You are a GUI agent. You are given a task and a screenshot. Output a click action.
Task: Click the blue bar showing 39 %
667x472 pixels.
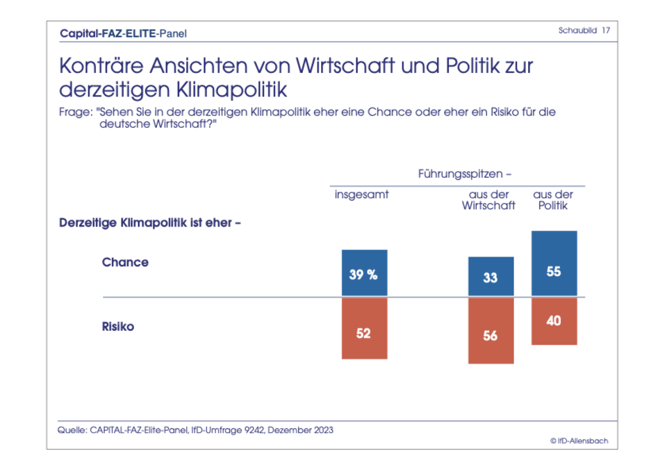coord(364,273)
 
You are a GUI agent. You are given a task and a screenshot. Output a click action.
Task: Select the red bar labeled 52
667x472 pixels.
coord(364,328)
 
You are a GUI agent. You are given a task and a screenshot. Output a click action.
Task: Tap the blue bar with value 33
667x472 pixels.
coord(491,277)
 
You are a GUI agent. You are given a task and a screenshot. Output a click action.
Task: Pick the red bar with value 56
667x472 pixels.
coord(491,330)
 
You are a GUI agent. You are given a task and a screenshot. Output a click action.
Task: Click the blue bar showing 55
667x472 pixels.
coord(554,263)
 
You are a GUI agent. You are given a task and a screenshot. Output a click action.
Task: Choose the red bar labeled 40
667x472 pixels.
coord(554,321)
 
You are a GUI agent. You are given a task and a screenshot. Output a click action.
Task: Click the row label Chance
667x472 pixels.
coord(125,262)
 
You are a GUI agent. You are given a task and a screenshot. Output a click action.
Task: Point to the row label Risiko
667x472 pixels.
coord(118,327)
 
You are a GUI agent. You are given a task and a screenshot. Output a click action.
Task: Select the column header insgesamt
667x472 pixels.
coord(361,195)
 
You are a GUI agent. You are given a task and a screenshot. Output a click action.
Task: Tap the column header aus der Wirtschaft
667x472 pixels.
coord(489,200)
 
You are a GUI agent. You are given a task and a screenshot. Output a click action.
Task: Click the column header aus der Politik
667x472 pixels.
coord(553,200)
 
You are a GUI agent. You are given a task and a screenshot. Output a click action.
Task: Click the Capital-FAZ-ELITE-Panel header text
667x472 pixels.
coord(123,33)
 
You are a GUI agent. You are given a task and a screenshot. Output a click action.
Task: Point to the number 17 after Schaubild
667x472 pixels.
coord(607,31)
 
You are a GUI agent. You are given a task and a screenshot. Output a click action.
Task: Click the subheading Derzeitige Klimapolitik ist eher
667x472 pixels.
coord(149,223)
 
